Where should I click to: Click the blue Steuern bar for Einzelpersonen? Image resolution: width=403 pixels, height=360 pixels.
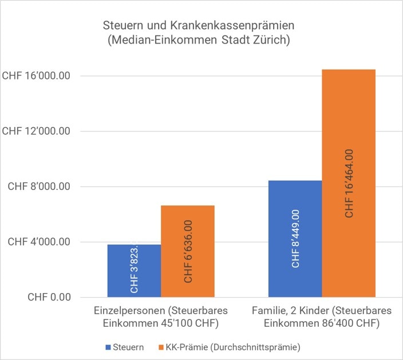134,271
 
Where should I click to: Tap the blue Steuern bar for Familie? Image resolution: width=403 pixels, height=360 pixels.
295,239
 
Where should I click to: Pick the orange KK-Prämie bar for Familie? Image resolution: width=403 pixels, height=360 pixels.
349,183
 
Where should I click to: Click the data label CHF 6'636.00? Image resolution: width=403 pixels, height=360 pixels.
188,252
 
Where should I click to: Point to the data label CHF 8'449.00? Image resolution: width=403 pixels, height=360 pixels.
295,239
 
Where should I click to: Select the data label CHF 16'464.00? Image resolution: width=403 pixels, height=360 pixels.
349,183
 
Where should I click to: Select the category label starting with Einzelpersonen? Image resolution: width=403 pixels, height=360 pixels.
161,318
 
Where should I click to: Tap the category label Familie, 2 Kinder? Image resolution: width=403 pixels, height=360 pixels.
322,318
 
